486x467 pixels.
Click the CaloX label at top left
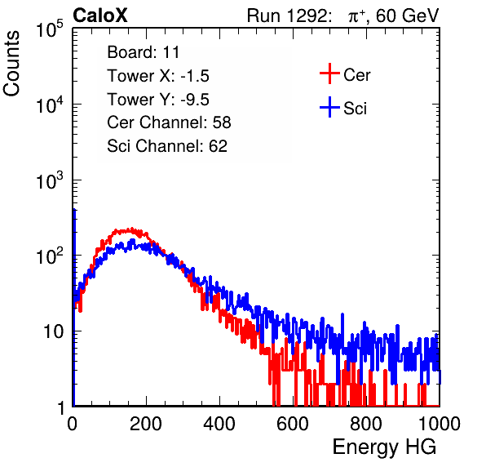click(100, 16)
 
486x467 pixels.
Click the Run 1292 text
click(287, 16)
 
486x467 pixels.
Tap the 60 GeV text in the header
click(407, 16)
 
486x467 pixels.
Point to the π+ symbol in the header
click(356, 16)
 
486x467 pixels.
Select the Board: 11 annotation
click(144, 52)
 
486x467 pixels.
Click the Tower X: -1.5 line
click(158, 76)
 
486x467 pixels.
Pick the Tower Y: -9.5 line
click(158, 100)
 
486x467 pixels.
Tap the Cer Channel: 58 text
click(169, 122)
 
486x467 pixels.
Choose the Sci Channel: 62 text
click(167, 146)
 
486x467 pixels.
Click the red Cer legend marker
click(329, 73)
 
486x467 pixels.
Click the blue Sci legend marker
click(329, 108)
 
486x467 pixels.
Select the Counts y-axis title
click(11, 64)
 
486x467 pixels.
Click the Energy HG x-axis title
click(384, 447)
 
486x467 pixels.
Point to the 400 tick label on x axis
click(219, 424)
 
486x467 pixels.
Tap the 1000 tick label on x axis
click(440, 424)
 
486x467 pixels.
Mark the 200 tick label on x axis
click(146, 424)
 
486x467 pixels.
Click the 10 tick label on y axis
click(53, 331)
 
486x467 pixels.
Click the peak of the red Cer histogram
click(131, 229)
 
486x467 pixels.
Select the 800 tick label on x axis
click(366, 424)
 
